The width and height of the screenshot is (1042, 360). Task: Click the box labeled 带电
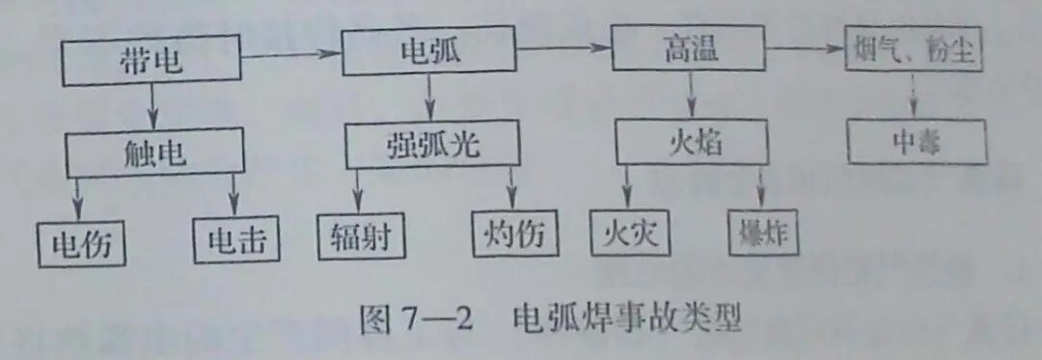(153, 63)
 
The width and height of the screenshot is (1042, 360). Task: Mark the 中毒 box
(918, 143)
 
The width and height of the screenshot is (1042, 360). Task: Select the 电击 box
(236, 240)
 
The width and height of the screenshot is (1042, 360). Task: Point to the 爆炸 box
(763, 235)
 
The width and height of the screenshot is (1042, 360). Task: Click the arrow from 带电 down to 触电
(151, 106)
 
